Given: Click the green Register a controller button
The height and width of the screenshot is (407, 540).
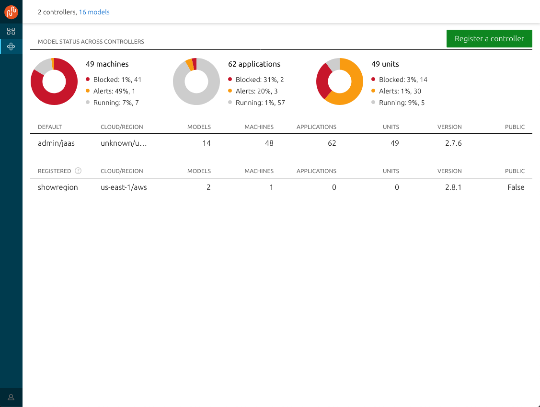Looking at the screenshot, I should [x=489, y=39].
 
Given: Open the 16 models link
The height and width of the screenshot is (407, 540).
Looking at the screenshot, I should [x=94, y=12].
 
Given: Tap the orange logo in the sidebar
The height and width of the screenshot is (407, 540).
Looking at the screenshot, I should [x=11, y=12].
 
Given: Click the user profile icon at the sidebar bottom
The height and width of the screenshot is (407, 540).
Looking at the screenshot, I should [x=11, y=397].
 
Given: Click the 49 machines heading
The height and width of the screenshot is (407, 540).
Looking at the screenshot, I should [x=107, y=64].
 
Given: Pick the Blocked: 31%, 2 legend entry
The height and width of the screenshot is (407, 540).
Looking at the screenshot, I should [x=259, y=80].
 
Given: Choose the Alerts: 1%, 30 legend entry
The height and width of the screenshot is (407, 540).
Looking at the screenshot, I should [x=400, y=91].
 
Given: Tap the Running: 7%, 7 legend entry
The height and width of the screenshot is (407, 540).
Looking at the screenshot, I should [x=115, y=103].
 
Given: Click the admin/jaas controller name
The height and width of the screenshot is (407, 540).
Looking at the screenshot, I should [x=56, y=143].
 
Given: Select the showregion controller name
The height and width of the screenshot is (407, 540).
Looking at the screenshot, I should [x=57, y=187].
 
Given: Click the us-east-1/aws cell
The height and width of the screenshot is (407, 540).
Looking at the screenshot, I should [x=124, y=187].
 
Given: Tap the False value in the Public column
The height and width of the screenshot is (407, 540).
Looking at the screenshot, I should [x=516, y=187].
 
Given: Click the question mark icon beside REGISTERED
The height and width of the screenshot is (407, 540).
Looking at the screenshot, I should [x=78, y=171].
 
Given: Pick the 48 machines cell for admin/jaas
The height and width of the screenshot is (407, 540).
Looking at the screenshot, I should [x=269, y=143].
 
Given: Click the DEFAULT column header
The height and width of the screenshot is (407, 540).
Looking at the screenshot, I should [x=50, y=127].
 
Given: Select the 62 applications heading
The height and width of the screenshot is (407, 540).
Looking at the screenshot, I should [x=254, y=64].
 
